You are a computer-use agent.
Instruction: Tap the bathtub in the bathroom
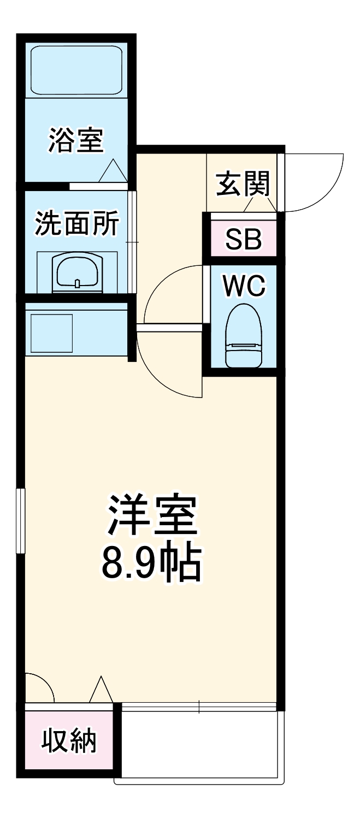(x=76, y=70)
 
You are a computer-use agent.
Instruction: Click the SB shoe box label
(x=244, y=239)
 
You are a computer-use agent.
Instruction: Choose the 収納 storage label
(x=69, y=741)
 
